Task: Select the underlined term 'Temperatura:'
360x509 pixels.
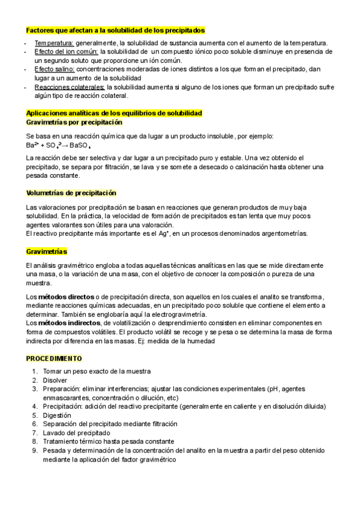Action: (54, 43)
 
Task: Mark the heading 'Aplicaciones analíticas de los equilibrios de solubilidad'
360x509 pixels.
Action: (114, 113)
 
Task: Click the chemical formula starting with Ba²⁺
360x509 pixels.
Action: (58, 145)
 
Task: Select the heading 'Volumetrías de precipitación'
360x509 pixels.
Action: (71, 193)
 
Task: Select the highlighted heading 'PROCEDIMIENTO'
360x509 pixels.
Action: (54, 358)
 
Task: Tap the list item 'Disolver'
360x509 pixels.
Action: (55, 380)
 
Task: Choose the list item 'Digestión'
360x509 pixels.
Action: (57, 415)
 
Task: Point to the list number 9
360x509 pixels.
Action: (35, 450)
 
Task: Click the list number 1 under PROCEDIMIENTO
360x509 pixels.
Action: (35, 372)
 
